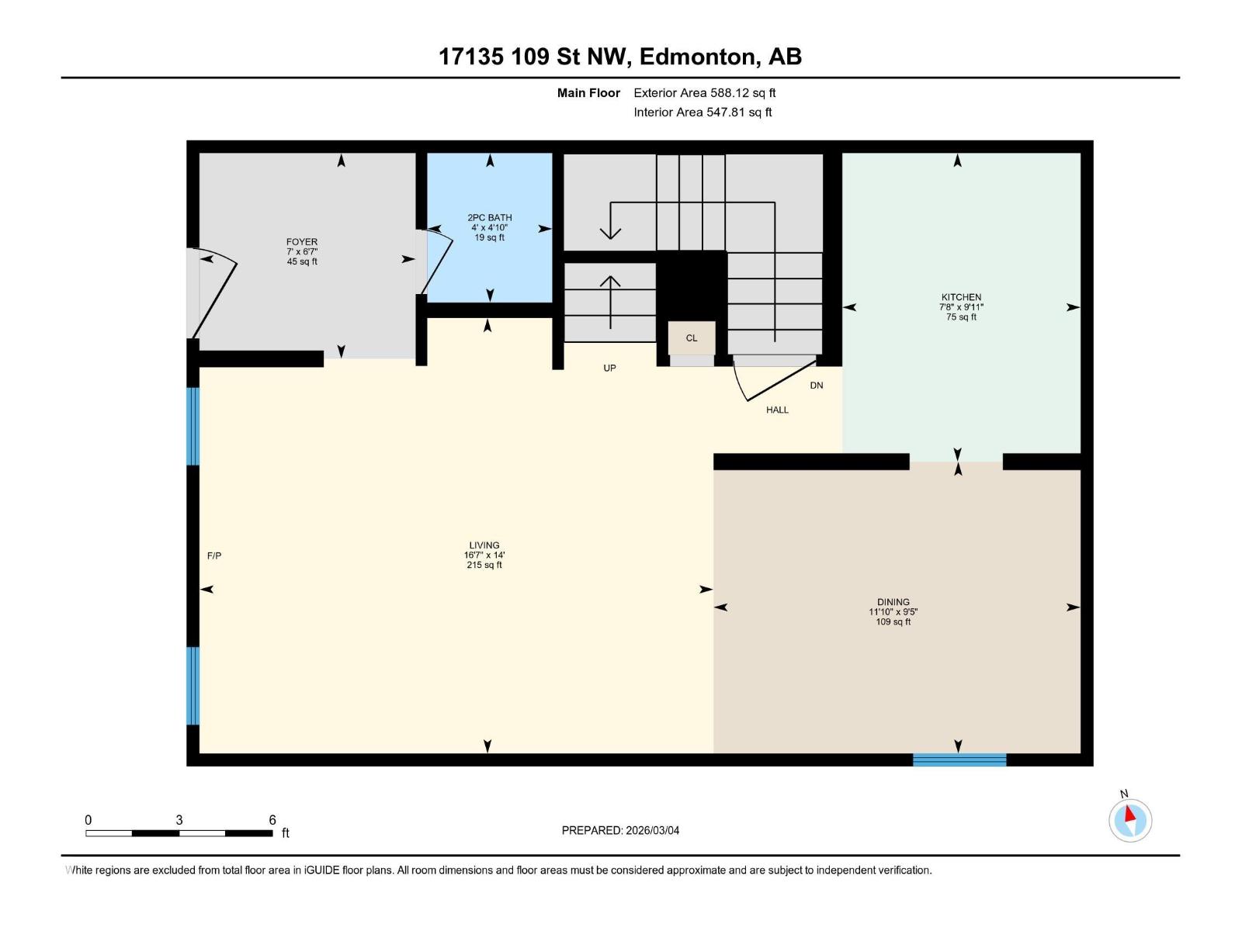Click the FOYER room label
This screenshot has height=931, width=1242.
(302, 242)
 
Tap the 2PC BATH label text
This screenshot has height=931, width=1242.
(489, 218)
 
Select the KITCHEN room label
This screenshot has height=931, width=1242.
(961, 297)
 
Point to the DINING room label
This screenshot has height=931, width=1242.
(893, 602)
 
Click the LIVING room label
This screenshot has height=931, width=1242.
(484, 545)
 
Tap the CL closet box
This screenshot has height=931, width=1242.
(691, 338)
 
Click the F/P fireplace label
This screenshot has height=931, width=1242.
(214, 555)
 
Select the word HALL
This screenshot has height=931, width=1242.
(777, 410)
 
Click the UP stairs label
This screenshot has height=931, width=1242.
(609, 368)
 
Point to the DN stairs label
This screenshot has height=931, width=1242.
(817, 385)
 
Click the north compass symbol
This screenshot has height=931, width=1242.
(1129, 820)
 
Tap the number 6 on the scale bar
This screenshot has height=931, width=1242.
(272, 820)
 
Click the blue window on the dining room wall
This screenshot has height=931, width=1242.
(959, 760)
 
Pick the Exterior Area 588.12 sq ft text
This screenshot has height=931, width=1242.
(704, 93)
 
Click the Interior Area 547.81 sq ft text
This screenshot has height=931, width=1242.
(703, 112)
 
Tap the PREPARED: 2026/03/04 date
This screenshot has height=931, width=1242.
(620, 830)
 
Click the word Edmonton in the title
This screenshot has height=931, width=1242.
(699, 57)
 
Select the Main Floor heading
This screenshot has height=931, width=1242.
(588, 93)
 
